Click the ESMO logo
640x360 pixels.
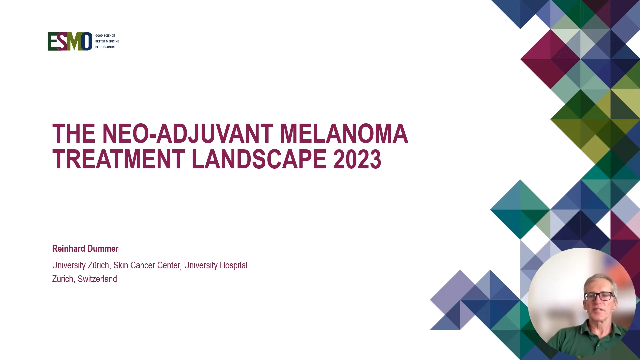click(70, 41)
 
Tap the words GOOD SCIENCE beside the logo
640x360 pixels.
click(105, 36)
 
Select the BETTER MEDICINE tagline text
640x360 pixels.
click(107, 41)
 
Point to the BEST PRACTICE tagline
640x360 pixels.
click(105, 47)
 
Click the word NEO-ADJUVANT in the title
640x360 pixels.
click(188, 134)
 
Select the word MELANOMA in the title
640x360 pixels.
click(344, 134)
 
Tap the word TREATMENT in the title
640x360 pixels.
click(118, 159)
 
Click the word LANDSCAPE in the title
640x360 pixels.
click(259, 159)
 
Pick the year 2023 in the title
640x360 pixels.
click(357, 159)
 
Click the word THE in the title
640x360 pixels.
click(74, 134)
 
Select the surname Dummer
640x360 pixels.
click(103, 249)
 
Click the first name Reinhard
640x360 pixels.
click(69, 249)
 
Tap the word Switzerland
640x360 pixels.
click(97, 279)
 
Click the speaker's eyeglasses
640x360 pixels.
click(599, 296)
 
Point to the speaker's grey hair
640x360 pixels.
click(600, 280)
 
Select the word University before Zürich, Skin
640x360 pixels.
click(69, 265)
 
